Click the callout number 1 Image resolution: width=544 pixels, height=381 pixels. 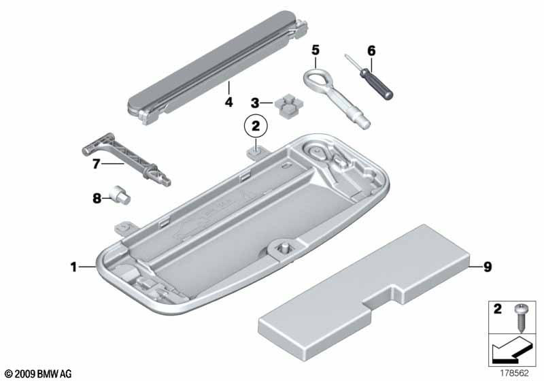pyautogui.click(x=73, y=267)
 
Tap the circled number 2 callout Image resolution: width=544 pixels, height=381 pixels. pyautogui.click(x=256, y=126)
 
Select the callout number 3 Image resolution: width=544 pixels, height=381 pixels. pyautogui.click(x=255, y=103)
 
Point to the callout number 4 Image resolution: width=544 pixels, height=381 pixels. pyautogui.click(x=228, y=102)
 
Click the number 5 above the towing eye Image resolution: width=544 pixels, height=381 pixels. pyautogui.click(x=315, y=50)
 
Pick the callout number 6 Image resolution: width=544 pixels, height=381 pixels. pyautogui.click(x=371, y=51)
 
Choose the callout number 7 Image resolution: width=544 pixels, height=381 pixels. pyautogui.click(x=96, y=164)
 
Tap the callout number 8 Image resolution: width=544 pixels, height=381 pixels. pyautogui.click(x=97, y=199)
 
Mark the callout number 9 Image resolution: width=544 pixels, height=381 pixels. pyautogui.click(x=488, y=267)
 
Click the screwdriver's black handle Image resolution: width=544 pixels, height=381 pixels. pyautogui.click(x=377, y=84)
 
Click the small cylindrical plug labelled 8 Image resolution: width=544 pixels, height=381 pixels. pyautogui.click(x=120, y=195)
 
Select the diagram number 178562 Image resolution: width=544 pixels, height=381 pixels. pyautogui.click(x=514, y=373)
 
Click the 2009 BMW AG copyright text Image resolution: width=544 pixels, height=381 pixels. pyautogui.click(x=39, y=374)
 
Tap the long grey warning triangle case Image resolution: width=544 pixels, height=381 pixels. pyautogui.click(x=218, y=67)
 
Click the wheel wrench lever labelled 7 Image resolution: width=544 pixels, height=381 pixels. pyautogui.click(x=126, y=159)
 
